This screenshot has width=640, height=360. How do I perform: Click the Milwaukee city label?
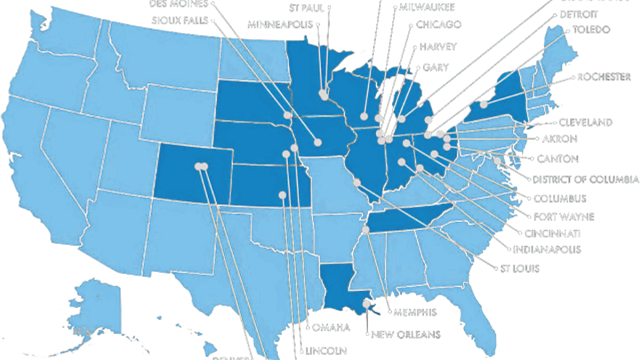tap(427, 7)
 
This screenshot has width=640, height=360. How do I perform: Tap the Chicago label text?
tap(439, 25)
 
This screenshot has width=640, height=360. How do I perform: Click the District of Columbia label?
tap(585, 180)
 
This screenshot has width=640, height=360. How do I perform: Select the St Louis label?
tap(519, 268)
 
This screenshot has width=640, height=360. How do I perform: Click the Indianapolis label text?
tap(547, 249)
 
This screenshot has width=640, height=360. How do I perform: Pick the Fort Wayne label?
tap(564, 216)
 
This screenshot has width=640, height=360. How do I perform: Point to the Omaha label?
tap(332, 327)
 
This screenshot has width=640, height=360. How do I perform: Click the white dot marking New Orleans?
tap(366, 305)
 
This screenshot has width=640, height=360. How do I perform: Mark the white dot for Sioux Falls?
tap(288, 115)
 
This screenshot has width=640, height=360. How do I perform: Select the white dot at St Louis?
tap(356, 183)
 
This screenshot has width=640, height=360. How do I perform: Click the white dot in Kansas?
tap(282, 194)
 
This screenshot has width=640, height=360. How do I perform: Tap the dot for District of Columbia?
tap(497, 161)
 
